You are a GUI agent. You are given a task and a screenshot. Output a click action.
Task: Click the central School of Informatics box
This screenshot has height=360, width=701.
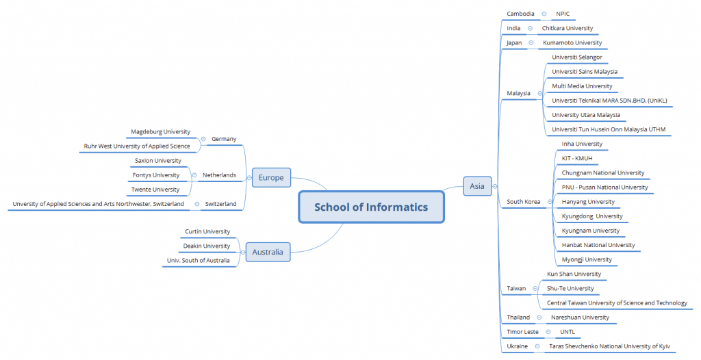coord(371,207)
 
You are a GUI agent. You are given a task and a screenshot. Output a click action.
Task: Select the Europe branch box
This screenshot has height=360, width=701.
coord(271,178)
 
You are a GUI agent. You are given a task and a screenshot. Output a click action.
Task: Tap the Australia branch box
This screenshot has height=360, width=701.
coord(267,252)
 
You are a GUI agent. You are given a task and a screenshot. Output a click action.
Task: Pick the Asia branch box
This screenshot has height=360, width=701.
coord(477,185)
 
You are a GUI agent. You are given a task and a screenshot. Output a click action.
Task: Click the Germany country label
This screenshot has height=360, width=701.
coord(224,139)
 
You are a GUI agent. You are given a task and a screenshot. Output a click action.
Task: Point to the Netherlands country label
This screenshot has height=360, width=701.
coord(219,175)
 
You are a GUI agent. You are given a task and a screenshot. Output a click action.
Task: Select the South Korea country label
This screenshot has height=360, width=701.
coord(522,202)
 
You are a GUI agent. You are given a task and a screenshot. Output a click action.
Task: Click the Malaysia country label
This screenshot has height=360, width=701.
coord(518,93)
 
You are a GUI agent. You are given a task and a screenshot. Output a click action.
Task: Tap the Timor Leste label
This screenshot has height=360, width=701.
coord(522,332)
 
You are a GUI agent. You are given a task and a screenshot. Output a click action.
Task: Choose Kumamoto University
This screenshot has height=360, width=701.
coord(572,42)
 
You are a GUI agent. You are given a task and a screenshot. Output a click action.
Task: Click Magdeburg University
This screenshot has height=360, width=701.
coord(160,131)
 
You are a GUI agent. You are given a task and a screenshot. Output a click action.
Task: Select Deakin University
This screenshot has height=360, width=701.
coord(206,246)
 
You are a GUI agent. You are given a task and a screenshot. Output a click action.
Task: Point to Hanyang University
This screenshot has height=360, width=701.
coord(588,202)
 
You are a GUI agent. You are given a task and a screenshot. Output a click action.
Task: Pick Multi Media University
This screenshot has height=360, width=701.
coord(582,86)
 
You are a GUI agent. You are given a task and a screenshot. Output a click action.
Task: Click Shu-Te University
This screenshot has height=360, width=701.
coord(570,288)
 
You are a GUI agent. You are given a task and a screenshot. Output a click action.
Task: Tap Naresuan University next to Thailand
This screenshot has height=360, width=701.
coord(580,318)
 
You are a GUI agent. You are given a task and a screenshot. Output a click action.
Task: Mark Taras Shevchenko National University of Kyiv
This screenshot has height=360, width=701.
coord(609,346)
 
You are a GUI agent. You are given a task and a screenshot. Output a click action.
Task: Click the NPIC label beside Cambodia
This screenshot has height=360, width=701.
coord(563,14)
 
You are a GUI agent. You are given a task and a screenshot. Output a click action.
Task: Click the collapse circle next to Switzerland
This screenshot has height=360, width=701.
coord(196,204)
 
